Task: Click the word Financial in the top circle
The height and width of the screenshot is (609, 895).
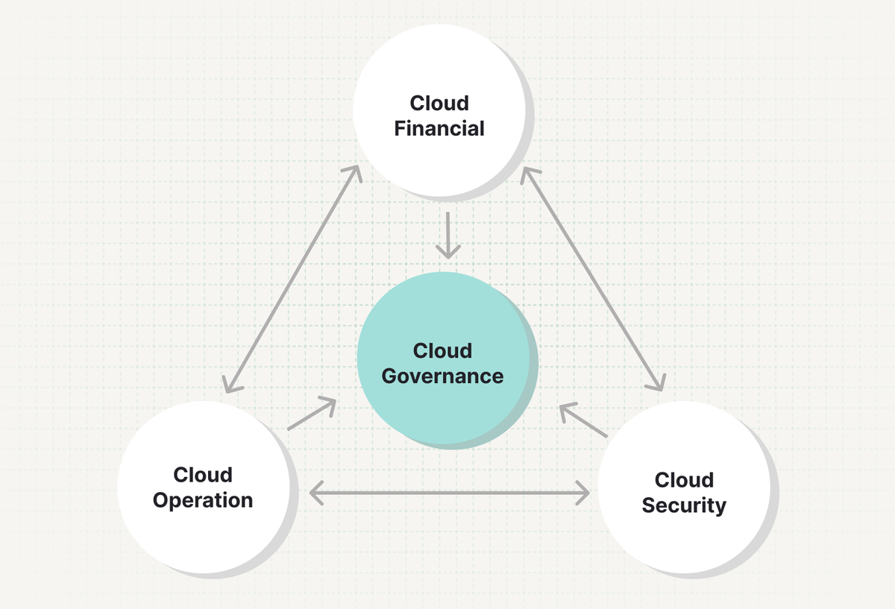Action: pos(439,128)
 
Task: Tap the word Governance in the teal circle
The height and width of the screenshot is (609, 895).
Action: pos(442,376)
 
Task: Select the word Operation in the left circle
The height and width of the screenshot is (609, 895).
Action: pos(203,499)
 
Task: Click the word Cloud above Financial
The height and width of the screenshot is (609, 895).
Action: pos(439,103)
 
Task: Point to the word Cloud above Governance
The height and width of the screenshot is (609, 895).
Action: pos(442,350)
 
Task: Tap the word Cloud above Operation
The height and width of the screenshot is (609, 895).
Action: pos(203,474)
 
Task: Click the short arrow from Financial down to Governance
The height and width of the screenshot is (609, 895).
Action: pos(447,235)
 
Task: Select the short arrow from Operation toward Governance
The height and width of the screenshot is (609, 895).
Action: pos(312,414)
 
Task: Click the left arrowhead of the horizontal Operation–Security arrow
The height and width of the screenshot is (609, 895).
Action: pos(316,492)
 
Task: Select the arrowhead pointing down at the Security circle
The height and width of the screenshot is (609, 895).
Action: pos(656,382)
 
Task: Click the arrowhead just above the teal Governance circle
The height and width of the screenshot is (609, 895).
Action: pos(447,251)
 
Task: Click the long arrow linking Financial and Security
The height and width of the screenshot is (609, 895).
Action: pos(592,279)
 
